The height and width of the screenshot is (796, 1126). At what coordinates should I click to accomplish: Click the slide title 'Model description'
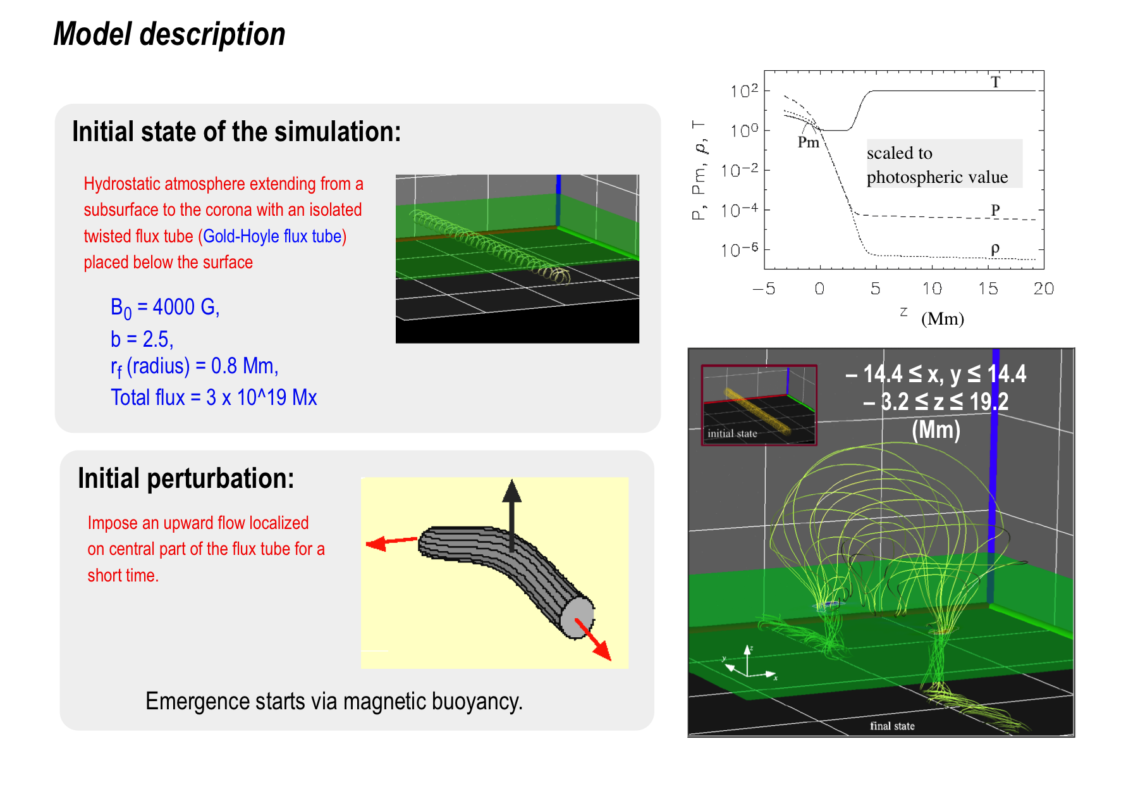(x=169, y=34)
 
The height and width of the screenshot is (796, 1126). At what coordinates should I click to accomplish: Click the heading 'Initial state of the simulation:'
(x=236, y=132)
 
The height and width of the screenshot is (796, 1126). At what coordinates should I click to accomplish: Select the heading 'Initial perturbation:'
(x=186, y=478)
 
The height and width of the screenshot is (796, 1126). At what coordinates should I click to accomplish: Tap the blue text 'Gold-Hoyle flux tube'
(x=272, y=236)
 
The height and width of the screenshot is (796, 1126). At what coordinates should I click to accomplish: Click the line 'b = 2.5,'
(x=142, y=339)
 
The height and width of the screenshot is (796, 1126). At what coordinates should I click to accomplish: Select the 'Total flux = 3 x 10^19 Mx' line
(x=214, y=397)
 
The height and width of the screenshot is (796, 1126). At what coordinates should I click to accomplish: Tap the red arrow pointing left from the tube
(x=392, y=542)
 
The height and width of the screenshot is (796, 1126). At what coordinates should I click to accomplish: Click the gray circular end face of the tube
(x=577, y=617)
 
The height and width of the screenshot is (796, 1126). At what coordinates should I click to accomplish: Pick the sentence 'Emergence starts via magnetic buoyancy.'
(x=334, y=701)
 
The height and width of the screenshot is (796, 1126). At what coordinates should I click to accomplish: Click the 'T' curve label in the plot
(x=996, y=82)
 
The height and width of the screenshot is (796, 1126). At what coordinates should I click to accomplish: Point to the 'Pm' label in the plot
(x=808, y=142)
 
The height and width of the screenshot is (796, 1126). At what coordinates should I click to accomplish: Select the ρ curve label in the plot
(x=995, y=248)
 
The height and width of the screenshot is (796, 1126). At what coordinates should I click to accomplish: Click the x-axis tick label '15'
(x=988, y=289)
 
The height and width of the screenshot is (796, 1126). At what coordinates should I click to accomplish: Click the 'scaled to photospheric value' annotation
(x=937, y=165)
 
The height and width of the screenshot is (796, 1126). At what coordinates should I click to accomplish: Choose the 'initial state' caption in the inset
(x=732, y=433)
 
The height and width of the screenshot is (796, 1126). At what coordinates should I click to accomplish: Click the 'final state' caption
(x=892, y=726)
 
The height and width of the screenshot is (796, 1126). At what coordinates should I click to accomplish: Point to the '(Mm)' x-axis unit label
(x=943, y=318)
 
